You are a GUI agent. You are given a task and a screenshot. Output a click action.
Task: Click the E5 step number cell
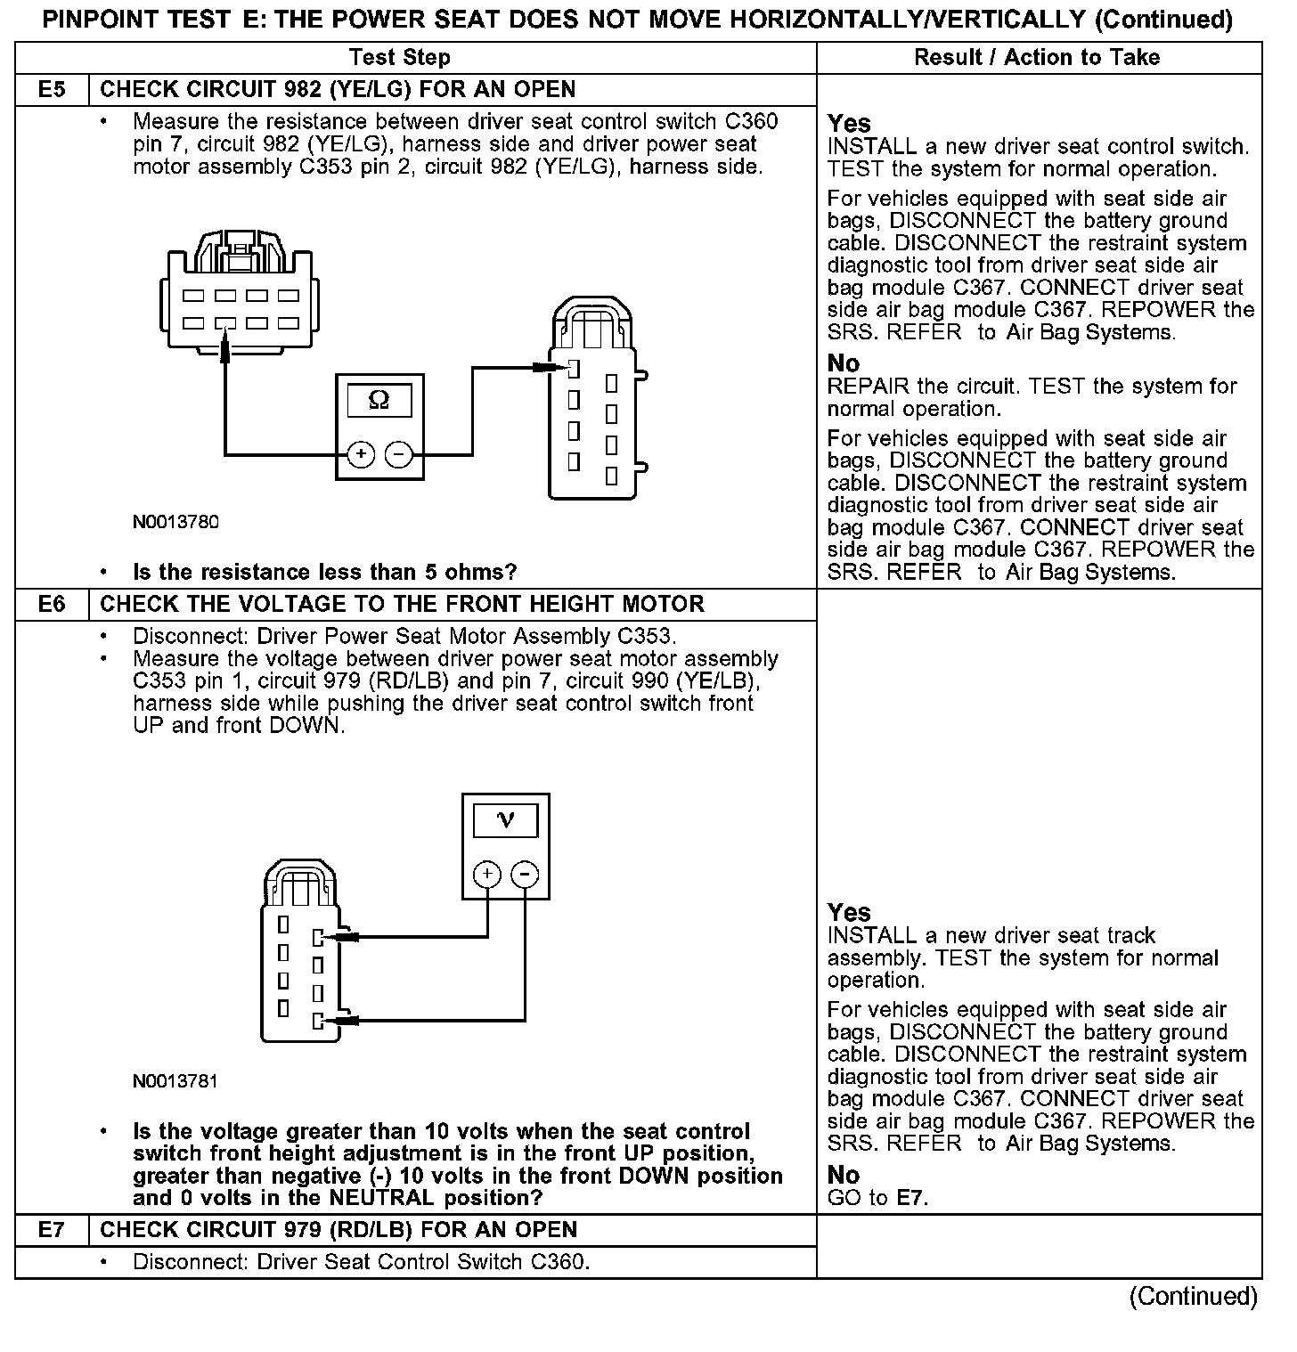[x=52, y=90]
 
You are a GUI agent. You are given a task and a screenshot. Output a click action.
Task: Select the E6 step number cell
[x=52, y=605]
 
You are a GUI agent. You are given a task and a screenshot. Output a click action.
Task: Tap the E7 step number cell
[x=52, y=1230]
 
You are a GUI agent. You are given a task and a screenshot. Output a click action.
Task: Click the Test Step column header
[x=400, y=58]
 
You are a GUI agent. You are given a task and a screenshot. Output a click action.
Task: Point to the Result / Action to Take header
[x=1037, y=58]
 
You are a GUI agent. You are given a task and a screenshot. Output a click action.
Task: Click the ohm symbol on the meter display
[x=379, y=401]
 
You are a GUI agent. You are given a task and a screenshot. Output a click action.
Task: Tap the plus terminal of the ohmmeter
[x=361, y=454]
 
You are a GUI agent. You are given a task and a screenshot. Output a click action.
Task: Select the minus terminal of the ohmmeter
[x=398, y=454]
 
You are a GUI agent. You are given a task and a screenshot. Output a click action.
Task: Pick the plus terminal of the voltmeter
[x=486, y=875]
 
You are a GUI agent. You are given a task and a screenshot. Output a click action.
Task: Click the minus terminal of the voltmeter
[x=525, y=875]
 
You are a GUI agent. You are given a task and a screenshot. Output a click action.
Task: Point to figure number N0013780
[x=175, y=522]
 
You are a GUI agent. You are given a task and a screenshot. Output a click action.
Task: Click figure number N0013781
[x=175, y=1081]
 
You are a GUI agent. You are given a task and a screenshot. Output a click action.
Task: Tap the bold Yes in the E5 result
[x=849, y=123]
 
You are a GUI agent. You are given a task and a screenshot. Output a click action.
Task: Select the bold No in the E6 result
[x=843, y=1175]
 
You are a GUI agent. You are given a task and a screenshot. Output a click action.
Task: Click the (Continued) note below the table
[x=1193, y=1297]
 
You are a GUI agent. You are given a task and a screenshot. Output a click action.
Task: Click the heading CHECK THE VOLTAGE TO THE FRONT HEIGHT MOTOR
[x=402, y=605]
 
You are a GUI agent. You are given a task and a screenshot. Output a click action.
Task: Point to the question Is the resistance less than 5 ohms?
[x=324, y=572]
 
